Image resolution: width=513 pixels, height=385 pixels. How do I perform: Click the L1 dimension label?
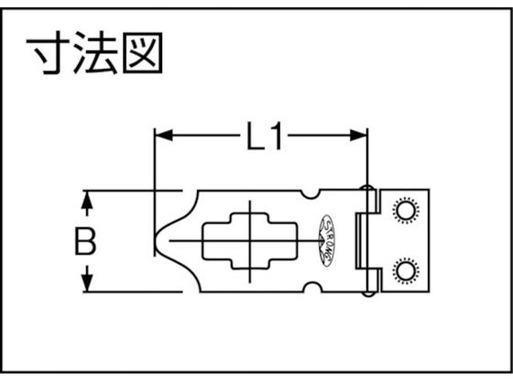(x=265, y=136)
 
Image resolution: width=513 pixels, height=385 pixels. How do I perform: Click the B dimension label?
(x=85, y=241)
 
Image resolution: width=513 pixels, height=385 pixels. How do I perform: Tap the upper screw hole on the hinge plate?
(x=406, y=210)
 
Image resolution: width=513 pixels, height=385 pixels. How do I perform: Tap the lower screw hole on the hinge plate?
(x=406, y=270)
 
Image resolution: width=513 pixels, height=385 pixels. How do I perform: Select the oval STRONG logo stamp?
(x=327, y=240)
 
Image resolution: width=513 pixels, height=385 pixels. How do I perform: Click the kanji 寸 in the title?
(x=48, y=52)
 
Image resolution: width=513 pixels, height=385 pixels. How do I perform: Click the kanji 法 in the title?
(x=95, y=52)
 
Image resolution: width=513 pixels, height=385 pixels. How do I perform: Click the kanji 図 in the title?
(x=142, y=52)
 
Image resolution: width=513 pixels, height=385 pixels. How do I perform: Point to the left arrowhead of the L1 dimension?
(x=164, y=135)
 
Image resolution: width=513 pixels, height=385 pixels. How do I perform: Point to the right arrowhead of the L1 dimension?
(x=358, y=135)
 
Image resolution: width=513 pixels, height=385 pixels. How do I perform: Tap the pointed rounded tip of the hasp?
(x=156, y=241)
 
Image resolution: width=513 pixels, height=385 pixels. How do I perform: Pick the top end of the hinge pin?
(x=367, y=188)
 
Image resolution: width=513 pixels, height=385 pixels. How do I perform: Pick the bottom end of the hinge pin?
(x=367, y=293)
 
